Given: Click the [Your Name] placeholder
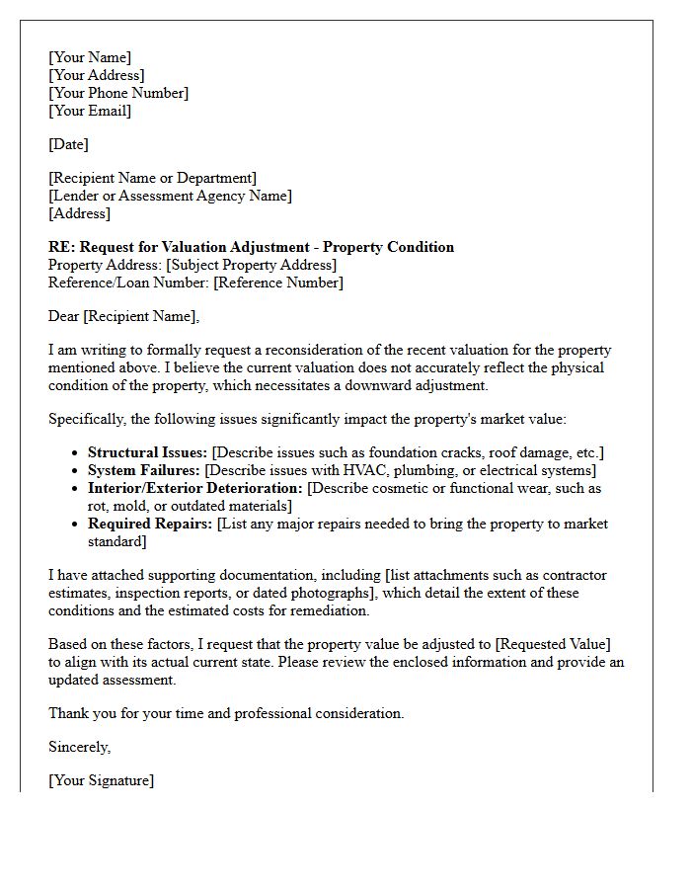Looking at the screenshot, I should (x=90, y=57).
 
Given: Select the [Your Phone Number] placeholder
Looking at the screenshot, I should (x=118, y=93).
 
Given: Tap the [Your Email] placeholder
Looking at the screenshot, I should (x=90, y=111).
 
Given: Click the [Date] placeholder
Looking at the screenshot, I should (x=68, y=144).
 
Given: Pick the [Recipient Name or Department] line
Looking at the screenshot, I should (x=152, y=178).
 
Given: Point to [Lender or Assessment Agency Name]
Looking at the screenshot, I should (x=170, y=196).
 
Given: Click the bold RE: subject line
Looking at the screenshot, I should (x=251, y=247).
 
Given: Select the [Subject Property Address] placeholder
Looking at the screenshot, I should (x=251, y=265).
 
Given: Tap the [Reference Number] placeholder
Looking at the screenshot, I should (x=278, y=283).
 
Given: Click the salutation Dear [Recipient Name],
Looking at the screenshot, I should (x=123, y=316).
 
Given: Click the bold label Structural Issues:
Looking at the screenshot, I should (x=147, y=452).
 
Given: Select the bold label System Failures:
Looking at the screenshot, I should (x=144, y=470).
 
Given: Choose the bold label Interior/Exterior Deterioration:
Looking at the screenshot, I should (x=195, y=488).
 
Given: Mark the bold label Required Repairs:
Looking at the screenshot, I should (x=150, y=524).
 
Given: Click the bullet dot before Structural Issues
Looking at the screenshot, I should (x=77, y=453).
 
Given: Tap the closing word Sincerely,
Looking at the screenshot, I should (x=80, y=747).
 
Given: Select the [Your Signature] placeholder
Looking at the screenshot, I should (x=101, y=780).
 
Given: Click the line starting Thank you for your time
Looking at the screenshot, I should (x=226, y=713).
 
